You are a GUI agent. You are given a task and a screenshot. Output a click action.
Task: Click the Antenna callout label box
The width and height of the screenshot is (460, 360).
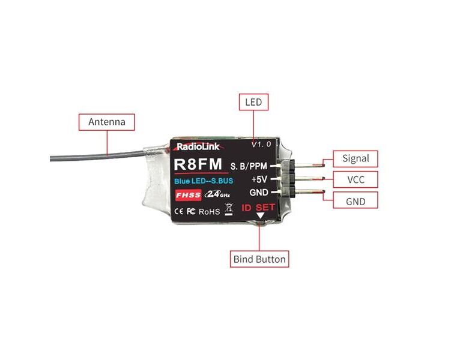coord(107,122)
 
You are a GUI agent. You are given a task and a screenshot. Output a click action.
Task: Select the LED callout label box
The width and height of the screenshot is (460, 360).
coord(253,102)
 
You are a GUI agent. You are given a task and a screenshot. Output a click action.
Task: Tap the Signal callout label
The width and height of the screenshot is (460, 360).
coord(356,159)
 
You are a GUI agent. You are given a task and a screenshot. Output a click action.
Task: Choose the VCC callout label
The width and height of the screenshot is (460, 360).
coord(356,179)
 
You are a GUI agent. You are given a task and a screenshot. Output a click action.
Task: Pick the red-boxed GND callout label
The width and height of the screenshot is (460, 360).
coord(356,200)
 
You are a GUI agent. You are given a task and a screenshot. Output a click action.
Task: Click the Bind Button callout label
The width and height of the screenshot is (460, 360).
coord(259,260)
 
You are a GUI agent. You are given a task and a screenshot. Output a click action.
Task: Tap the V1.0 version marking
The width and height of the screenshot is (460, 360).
coord(261,145)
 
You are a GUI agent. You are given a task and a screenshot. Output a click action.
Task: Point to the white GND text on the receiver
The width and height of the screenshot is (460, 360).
coord(258,193)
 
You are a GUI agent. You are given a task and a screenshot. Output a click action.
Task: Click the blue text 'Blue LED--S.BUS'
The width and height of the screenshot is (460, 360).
coord(204,181)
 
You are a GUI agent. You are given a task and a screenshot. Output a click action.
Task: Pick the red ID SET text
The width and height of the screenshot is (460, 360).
coord(258,208)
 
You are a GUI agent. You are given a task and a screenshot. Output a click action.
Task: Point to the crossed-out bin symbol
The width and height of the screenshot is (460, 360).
coord(228,210)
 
